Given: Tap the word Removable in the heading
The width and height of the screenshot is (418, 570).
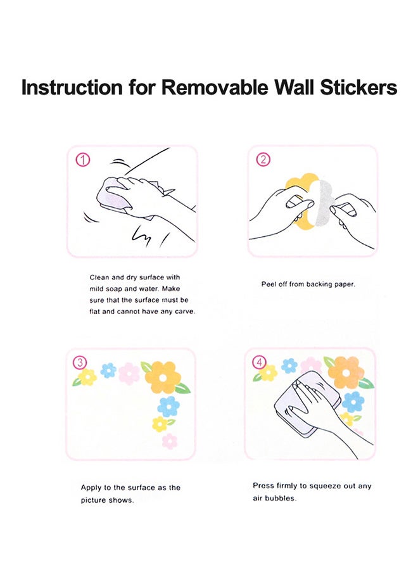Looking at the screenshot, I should click(215, 87).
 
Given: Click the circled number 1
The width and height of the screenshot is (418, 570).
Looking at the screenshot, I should click(83, 160).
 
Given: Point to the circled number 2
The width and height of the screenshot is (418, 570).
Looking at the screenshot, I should click(263, 160).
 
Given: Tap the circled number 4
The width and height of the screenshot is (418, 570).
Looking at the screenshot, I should click(260, 362).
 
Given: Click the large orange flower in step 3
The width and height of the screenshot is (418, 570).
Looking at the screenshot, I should click(163, 377).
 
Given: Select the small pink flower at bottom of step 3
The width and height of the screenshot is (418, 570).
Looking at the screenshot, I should click(169, 441).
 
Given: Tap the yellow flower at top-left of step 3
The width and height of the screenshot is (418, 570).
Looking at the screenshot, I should click(87, 377).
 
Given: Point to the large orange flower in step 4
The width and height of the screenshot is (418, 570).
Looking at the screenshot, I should click(346, 372).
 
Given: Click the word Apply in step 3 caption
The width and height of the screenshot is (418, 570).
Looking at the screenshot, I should click(90, 488).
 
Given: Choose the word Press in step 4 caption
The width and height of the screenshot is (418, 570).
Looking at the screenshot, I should click(263, 486).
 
